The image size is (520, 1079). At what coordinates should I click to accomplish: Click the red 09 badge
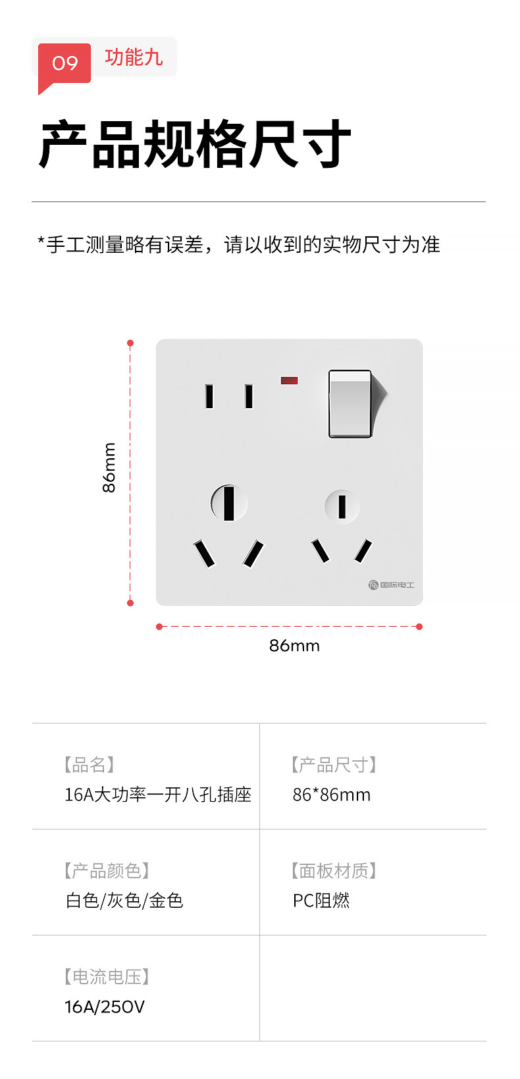(x=65, y=63)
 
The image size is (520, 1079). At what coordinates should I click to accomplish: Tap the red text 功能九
(x=134, y=57)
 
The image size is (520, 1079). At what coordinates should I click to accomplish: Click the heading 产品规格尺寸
(x=195, y=144)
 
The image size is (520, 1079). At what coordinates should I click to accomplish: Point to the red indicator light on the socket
(x=290, y=381)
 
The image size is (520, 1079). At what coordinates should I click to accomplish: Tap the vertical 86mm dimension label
(x=109, y=467)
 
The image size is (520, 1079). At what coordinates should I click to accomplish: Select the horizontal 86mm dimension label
(x=294, y=645)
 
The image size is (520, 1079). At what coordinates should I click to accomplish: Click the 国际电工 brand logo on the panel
(x=392, y=585)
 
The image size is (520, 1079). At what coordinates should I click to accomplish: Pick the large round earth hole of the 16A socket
(x=229, y=503)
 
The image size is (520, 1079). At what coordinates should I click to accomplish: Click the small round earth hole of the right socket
(x=342, y=507)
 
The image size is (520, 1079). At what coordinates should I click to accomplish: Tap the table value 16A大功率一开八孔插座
(x=158, y=795)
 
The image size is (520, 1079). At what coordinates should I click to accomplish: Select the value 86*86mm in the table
(x=332, y=795)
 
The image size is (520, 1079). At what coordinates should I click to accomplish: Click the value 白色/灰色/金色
(x=124, y=901)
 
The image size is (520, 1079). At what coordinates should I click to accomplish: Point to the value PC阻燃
(x=321, y=901)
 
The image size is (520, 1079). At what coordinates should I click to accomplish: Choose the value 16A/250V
(x=105, y=1007)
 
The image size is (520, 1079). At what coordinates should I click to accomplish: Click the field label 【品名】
(x=89, y=764)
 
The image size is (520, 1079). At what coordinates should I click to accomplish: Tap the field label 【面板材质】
(x=334, y=870)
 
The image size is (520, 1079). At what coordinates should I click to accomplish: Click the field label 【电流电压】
(x=107, y=976)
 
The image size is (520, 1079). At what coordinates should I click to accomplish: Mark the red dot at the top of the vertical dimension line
(x=130, y=343)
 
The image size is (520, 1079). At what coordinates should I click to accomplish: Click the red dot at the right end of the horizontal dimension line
(x=419, y=627)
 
